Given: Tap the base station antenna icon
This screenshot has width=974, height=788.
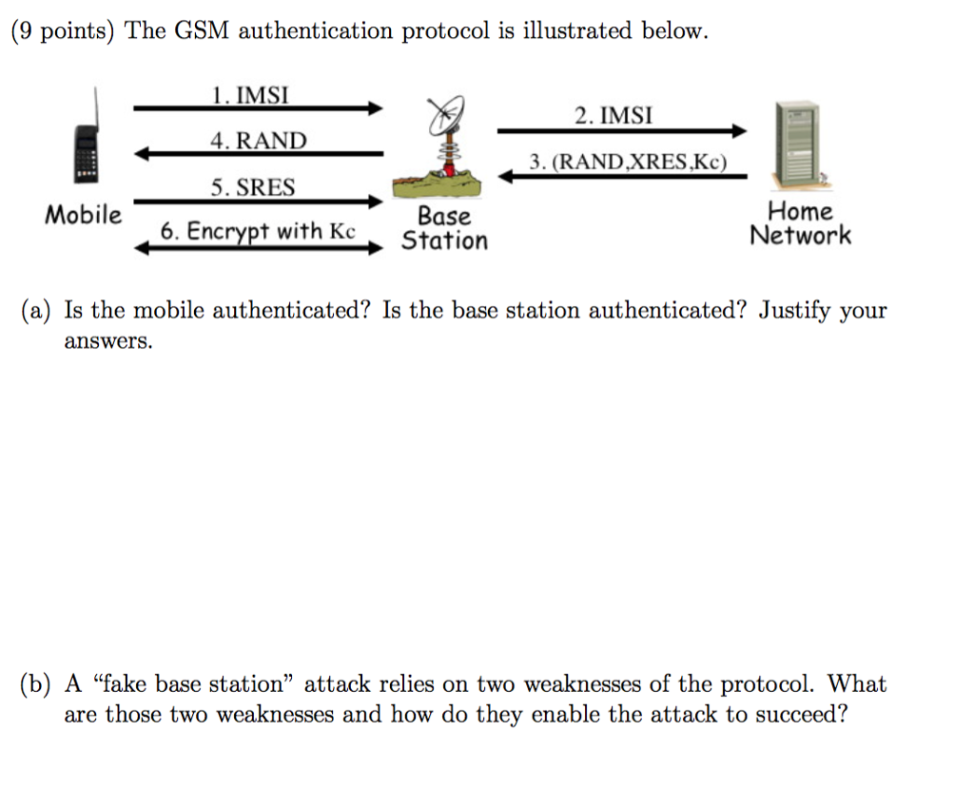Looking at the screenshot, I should (444, 139).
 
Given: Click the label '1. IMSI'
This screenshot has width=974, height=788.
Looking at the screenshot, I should (249, 95).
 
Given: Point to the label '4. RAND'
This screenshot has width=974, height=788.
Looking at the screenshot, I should (259, 142).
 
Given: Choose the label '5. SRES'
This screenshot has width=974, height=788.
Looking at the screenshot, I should (252, 188).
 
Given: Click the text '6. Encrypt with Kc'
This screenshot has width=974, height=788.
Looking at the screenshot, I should (257, 231).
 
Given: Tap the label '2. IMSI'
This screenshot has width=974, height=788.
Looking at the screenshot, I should (614, 116).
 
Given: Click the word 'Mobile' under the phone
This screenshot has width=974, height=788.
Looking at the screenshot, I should (84, 215).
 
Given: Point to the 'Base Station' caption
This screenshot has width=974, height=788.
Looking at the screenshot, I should (444, 228).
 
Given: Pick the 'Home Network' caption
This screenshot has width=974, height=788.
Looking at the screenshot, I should (800, 223).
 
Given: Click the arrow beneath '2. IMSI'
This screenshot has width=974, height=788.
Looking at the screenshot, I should (622, 131).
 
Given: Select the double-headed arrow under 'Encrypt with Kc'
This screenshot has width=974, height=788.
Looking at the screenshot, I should (257, 248).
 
